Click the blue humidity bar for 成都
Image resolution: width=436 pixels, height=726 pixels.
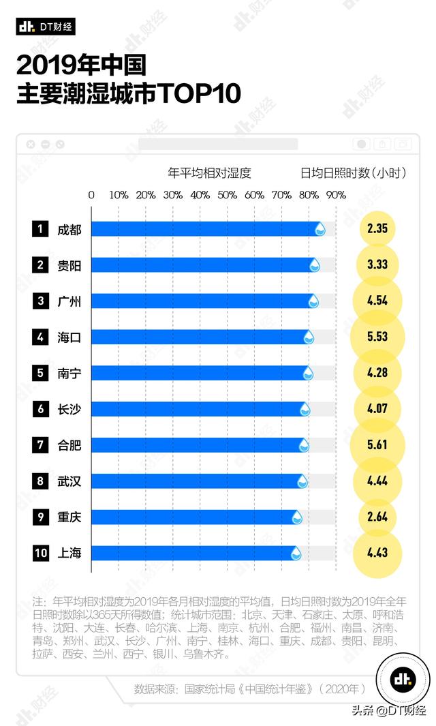tap(204, 229)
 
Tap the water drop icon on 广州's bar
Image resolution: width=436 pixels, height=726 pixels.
tap(313, 301)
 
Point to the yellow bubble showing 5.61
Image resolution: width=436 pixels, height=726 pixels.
tap(377, 445)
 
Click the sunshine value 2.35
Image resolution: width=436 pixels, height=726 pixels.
tap(377, 229)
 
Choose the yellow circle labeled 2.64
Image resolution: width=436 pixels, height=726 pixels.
tap(377, 517)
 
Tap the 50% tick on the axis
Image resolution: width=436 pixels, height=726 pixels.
tap(227, 195)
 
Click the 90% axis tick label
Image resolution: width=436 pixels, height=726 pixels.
tap(335, 195)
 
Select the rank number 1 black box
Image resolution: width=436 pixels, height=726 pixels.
tap(41, 229)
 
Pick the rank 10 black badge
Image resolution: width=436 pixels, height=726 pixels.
tap(41, 553)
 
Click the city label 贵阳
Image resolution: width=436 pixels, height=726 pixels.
tap(69, 265)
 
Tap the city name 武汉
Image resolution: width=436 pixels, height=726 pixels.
tap(69, 481)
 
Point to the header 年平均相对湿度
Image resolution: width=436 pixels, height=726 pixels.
tap(209, 173)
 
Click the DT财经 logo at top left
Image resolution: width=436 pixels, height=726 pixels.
tap(46, 27)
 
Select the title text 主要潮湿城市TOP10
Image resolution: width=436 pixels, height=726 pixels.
tap(129, 93)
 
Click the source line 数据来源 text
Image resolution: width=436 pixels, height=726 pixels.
tap(250, 689)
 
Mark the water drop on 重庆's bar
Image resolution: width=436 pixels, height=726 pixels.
tap(297, 518)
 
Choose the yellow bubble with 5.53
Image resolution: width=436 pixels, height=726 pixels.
tap(377, 337)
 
